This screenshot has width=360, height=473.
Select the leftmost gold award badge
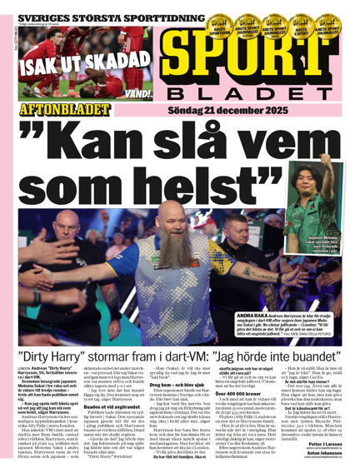tap(219, 24)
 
